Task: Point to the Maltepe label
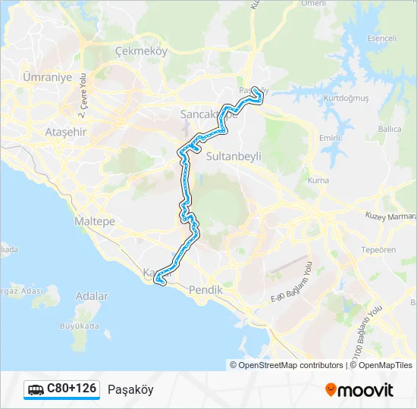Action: point(94,221)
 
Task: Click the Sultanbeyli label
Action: point(234,155)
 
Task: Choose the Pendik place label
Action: point(205,290)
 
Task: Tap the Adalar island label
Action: point(92,296)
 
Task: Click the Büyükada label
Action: point(80,326)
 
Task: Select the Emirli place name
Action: point(330,138)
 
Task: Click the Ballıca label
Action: point(390,129)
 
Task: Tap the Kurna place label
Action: point(318,180)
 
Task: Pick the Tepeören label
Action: point(378,250)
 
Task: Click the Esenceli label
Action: point(381,38)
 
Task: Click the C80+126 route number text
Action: point(72,389)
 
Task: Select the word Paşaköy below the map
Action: point(130,389)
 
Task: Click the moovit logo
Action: point(359,389)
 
